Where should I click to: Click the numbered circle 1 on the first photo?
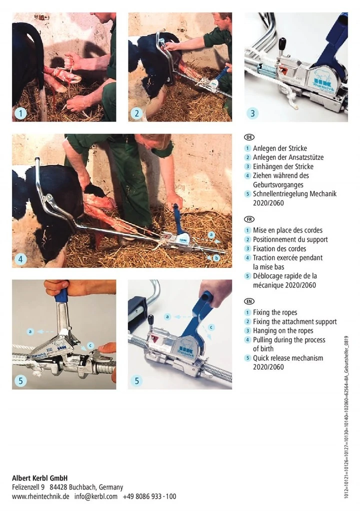(x=21, y=113)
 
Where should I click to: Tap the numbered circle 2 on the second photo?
(x=137, y=113)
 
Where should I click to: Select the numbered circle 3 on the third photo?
(x=252, y=113)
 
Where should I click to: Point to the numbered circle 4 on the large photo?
(x=21, y=259)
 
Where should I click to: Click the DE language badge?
(x=249, y=137)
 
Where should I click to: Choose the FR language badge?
(x=249, y=219)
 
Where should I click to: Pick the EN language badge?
(x=249, y=301)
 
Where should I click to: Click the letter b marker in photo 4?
(x=216, y=258)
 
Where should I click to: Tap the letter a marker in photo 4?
(x=211, y=234)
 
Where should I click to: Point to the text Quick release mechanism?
(x=288, y=358)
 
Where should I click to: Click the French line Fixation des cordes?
(x=279, y=248)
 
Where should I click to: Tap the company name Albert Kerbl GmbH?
(x=39, y=478)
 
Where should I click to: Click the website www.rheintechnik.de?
(x=40, y=496)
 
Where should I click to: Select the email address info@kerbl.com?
(x=96, y=496)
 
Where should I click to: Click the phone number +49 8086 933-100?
(x=149, y=496)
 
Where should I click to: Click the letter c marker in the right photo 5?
(x=211, y=327)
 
